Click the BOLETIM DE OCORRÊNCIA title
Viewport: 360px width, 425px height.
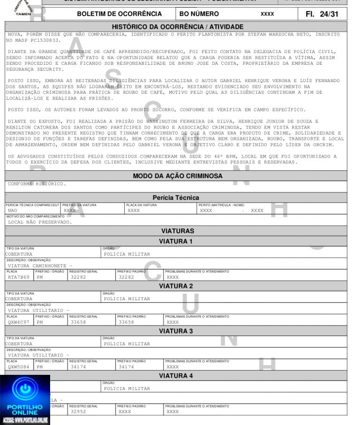click(120, 14)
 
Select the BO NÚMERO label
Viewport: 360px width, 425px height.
click(200, 14)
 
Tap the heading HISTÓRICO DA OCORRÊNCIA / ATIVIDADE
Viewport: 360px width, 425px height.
click(178, 27)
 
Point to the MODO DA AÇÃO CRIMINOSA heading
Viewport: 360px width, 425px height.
click(178, 176)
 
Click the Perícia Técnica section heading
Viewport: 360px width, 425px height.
click(176, 197)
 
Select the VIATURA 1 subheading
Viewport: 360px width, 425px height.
click(176, 242)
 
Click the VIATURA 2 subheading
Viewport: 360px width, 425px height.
click(176, 286)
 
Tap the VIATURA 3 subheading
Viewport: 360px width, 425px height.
click(176, 331)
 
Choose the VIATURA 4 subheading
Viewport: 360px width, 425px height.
click(176, 376)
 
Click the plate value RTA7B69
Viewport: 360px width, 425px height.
click(19, 277)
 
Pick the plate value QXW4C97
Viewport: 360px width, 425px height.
click(19, 322)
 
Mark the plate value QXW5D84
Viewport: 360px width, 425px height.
click(19, 367)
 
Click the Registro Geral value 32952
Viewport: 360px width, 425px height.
click(78, 411)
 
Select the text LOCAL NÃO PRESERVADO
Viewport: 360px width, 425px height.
click(40, 222)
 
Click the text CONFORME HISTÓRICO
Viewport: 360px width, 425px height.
click(37, 183)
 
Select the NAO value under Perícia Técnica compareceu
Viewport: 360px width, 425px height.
click(13, 211)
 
